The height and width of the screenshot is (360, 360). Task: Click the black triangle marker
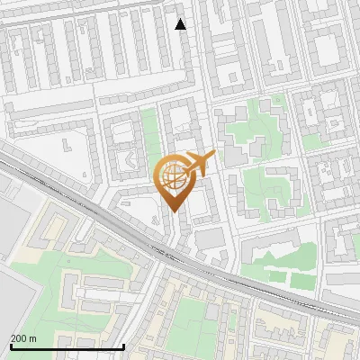[182, 24]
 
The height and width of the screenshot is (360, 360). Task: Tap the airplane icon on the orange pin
[196, 165]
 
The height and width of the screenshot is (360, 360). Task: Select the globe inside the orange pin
[172, 179]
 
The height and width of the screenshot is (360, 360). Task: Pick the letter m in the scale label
[33, 338]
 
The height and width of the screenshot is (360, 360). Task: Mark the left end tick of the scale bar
[10, 345]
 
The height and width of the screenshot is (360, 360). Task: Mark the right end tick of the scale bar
[123, 345]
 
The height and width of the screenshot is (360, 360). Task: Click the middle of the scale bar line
[67, 346]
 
